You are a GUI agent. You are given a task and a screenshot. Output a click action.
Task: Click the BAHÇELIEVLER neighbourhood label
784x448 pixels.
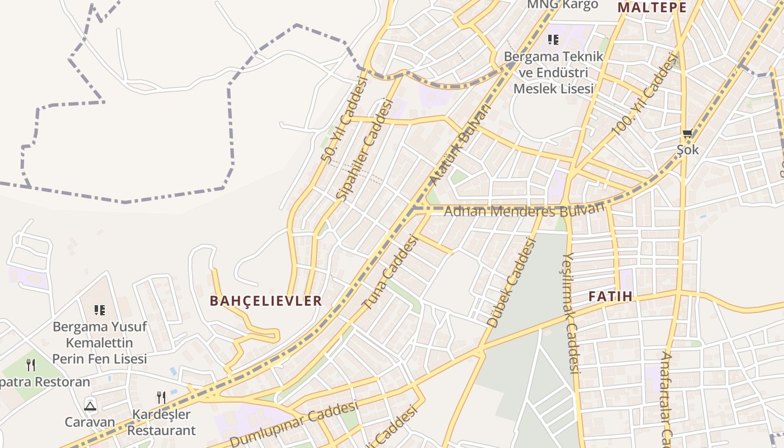tap(266, 301)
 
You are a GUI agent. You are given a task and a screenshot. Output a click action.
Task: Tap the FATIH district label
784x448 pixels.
tap(610, 296)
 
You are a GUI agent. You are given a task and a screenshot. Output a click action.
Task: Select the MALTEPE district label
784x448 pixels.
tap(652, 7)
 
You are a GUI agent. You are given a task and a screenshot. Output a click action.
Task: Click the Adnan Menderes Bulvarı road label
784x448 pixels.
tap(524, 211)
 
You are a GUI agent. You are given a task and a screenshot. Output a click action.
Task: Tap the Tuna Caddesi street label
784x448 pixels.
tap(391, 273)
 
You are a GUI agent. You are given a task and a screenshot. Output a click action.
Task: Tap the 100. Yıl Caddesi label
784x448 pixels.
tap(645, 93)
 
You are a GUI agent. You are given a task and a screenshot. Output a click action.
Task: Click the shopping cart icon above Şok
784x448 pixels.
tap(687, 133)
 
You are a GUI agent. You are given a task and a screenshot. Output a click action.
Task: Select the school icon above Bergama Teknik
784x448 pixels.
tap(553, 39)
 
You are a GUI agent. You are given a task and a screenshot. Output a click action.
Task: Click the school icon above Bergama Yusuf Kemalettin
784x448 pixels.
tap(100, 310)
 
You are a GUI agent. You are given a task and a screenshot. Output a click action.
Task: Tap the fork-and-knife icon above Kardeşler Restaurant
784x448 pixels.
tap(161, 397)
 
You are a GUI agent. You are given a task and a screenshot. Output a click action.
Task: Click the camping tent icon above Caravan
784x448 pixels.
tap(90, 405)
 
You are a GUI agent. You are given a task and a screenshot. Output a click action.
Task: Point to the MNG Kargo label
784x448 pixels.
tap(562, 4)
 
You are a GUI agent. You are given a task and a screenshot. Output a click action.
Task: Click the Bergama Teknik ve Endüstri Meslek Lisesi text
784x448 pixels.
tap(553, 73)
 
